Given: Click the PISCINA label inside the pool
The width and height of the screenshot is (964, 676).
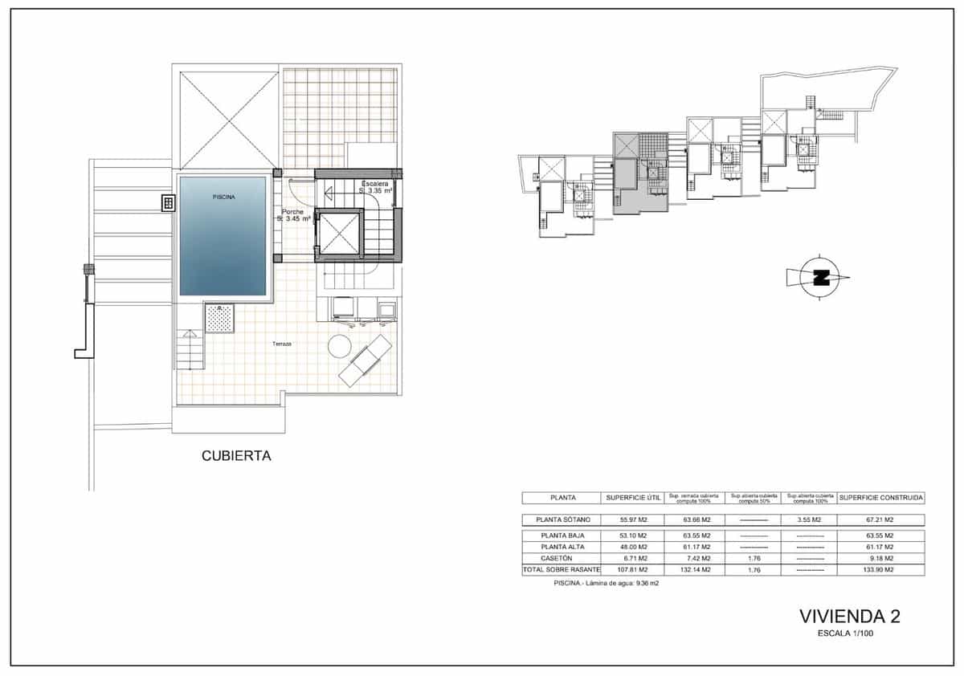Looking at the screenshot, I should (x=224, y=196).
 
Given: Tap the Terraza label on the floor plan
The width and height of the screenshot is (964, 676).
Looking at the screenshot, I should (x=281, y=344).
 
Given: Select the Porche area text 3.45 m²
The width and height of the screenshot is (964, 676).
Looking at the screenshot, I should (x=295, y=218).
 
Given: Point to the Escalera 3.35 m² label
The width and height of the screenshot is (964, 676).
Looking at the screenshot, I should (x=376, y=187).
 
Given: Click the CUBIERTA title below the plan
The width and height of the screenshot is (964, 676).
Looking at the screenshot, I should (x=235, y=456).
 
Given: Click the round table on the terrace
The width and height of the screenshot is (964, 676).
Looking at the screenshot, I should (x=340, y=347).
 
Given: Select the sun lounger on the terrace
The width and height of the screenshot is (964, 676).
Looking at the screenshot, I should (x=366, y=361).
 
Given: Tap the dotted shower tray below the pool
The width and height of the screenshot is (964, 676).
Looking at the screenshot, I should (x=219, y=318).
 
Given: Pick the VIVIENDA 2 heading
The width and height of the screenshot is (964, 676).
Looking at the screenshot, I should (x=849, y=617).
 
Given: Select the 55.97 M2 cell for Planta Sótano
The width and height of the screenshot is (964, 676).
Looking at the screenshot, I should (x=633, y=519).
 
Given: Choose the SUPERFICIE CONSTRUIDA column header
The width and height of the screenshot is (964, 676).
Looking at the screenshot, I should (x=881, y=498).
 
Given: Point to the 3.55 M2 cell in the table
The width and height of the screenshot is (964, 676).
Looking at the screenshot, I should (x=809, y=519).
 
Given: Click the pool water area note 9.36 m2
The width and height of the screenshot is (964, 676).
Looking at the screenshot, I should (x=606, y=584).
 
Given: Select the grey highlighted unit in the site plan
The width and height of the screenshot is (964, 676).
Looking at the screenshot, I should (x=640, y=173).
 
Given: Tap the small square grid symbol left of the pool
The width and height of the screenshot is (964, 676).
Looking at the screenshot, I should (x=169, y=203).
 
